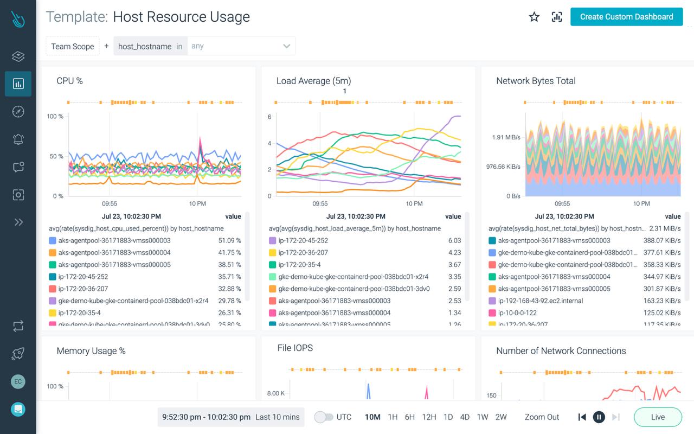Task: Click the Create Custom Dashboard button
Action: coord(626,17)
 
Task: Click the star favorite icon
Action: coord(534,17)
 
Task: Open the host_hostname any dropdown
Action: coord(241,46)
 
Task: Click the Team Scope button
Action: coord(73,46)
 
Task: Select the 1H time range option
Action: coord(393,417)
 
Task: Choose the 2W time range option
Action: coord(500,417)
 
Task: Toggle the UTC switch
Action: coord(324,417)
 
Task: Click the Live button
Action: coord(658,417)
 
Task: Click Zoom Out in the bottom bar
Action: coord(542,417)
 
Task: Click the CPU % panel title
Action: coord(69,81)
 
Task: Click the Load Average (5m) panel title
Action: coord(313,81)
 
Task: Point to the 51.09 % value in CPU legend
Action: coord(229,240)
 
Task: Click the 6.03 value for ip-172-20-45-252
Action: coord(454,240)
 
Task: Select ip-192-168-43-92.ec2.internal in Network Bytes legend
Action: coord(548,301)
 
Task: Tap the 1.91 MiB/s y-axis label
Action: coord(506,137)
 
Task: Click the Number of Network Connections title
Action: coord(561,351)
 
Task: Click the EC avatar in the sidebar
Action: coord(18,381)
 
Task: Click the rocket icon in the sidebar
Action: coord(18,354)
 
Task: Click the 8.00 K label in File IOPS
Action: coord(275,393)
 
